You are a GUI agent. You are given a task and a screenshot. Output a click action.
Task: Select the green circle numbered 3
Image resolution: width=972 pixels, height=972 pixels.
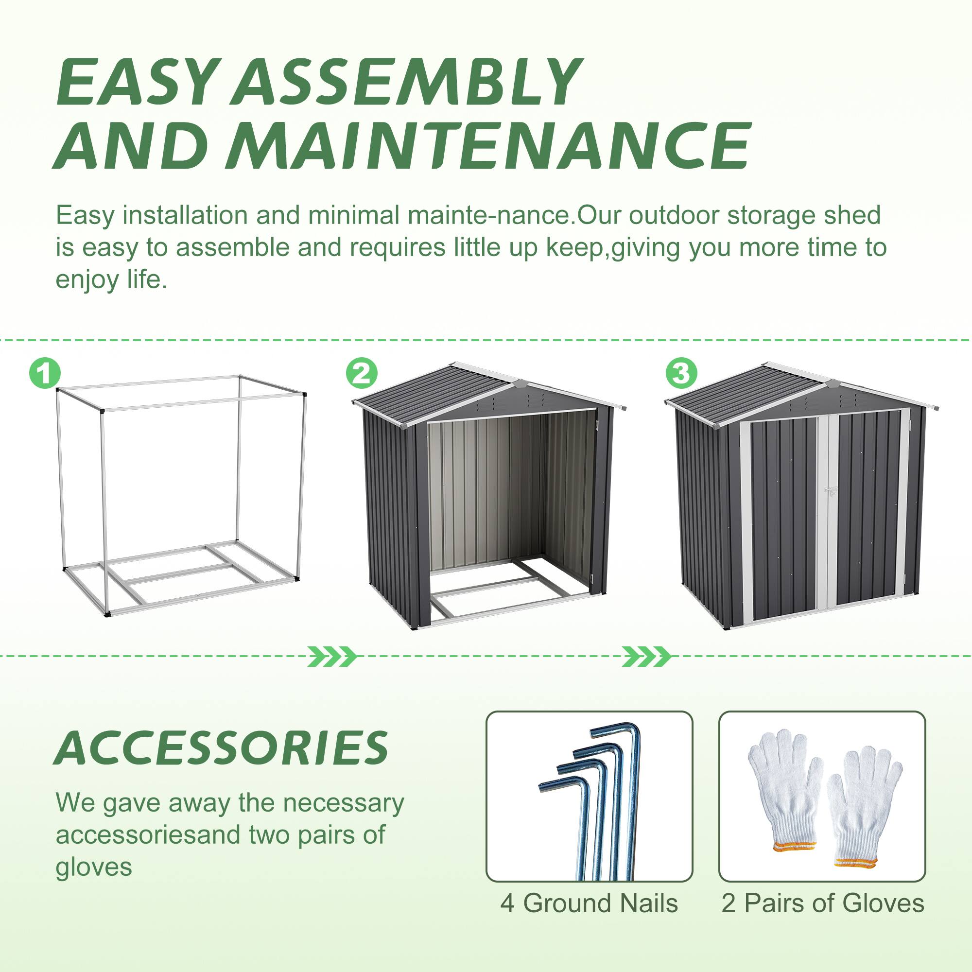(681, 373)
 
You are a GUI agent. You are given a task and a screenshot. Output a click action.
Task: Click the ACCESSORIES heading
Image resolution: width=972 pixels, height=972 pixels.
(221, 748)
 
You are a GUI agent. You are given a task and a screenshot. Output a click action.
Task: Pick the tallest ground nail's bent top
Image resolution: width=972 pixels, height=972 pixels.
(616, 731)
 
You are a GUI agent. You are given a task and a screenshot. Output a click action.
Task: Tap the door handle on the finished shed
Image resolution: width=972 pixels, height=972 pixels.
(831, 489)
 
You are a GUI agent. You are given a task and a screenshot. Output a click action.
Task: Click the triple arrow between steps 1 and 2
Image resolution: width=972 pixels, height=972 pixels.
(332, 657)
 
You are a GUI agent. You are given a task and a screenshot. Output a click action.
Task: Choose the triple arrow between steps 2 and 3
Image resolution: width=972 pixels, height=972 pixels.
(646, 657)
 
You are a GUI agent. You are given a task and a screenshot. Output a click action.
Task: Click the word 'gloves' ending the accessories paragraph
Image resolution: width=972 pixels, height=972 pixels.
(94, 867)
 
